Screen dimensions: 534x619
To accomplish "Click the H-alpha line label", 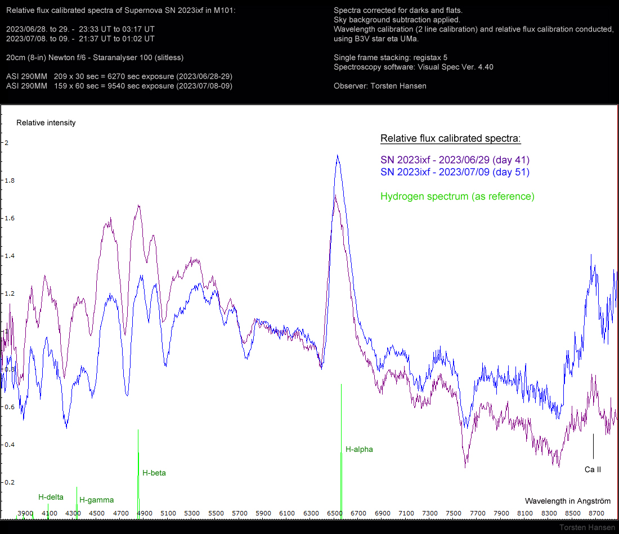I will pyautogui.click(x=359, y=449).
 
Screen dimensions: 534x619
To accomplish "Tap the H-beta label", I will pyautogui.click(x=154, y=473).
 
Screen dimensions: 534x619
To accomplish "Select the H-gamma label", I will pyautogui.click(x=96, y=500).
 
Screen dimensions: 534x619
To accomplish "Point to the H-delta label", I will pyautogui.click(x=51, y=497).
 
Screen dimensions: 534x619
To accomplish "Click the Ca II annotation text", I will pyautogui.click(x=593, y=469).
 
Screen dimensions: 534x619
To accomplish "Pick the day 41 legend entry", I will pyautogui.click(x=455, y=160).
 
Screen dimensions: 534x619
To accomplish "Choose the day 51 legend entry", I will pyautogui.click(x=455, y=172).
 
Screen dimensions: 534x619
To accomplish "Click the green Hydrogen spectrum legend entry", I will pyautogui.click(x=457, y=196).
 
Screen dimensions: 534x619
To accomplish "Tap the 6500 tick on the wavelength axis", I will pyautogui.click(x=335, y=513).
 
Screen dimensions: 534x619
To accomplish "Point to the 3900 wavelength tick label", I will pyautogui.click(x=25, y=513).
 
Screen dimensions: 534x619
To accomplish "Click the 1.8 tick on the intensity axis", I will pyautogui.click(x=7, y=180).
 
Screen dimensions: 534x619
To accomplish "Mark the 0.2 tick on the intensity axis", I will pyautogui.click(x=7, y=482).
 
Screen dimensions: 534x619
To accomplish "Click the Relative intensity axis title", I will pyautogui.click(x=46, y=123).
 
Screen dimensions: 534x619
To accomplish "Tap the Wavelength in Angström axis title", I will pyautogui.click(x=567, y=500).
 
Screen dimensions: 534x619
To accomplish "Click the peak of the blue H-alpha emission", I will pyautogui.click(x=337, y=156).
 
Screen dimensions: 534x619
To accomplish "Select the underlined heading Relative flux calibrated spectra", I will pyautogui.click(x=450, y=138).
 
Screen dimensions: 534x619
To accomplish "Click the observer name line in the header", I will pyautogui.click(x=380, y=85).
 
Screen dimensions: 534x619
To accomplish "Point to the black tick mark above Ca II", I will pyautogui.click(x=593, y=446).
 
